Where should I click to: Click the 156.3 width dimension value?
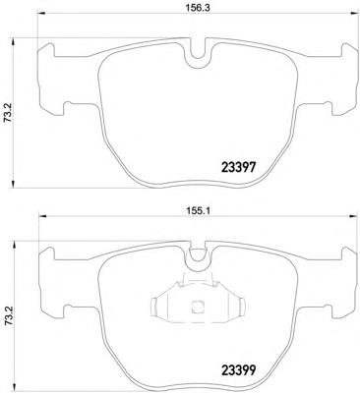point(198,8)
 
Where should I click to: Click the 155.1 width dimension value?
point(198,211)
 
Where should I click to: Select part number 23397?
point(238,168)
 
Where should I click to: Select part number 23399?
point(238,370)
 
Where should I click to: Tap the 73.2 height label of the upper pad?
point(8,113)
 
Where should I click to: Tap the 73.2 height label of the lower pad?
point(8,316)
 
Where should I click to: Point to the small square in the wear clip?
point(197,307)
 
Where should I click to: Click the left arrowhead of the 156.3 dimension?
point(42,14)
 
